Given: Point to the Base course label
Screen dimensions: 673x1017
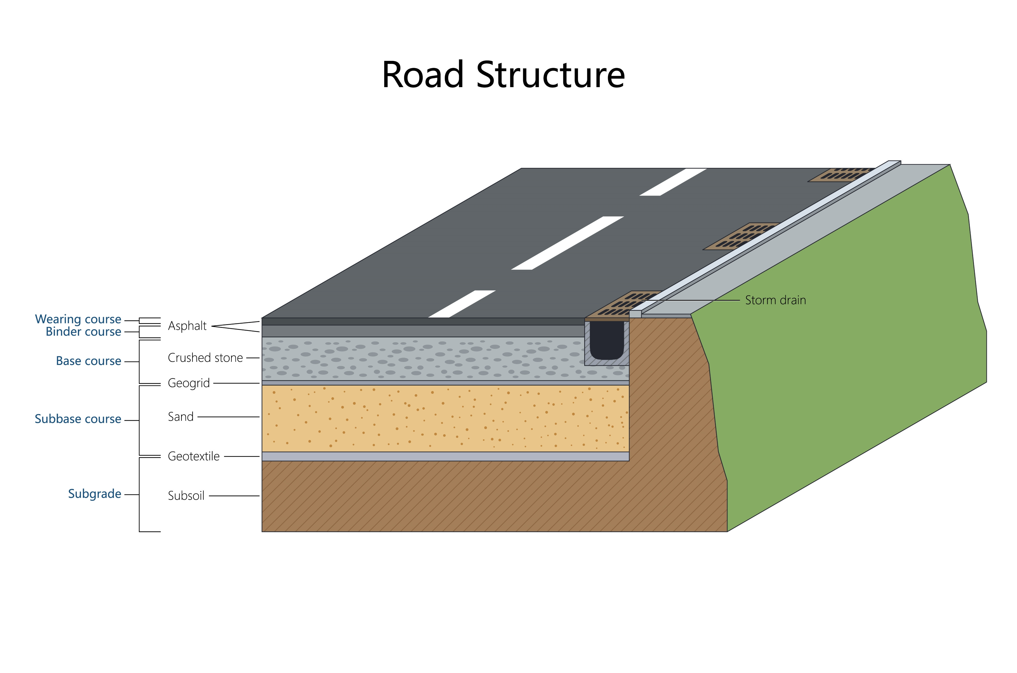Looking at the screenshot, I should pyautogui.click(x=89, y=361).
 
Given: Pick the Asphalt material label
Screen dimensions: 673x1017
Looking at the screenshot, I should pyautogui.click(x=187, y=326).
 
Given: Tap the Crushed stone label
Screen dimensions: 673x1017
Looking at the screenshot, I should pyautogui.click(x=205, y=358).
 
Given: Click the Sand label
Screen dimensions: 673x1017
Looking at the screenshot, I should pyautogui.click(x=181, y=417).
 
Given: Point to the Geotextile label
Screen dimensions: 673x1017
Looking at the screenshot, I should pyautogui.click(x=194, y=456).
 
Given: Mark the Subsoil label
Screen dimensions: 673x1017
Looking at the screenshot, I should pyautogui.click(x=186, y=496).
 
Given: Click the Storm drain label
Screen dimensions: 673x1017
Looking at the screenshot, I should pyautogui.click(x=775, y=300).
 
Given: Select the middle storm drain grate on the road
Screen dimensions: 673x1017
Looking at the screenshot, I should pyautogui.click(x=740, y=237).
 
